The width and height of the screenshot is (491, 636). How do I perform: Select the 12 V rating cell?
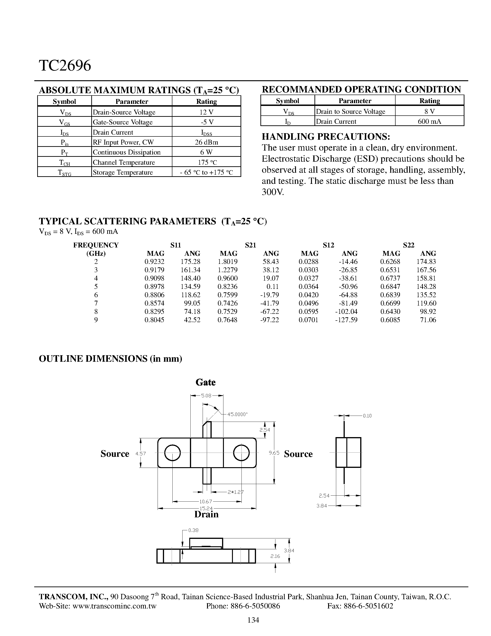click(x=206, y=112)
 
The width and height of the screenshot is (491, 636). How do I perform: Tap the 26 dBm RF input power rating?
click(x=206, y=142)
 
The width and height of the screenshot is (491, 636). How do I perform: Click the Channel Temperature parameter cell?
click(x=124, y=162)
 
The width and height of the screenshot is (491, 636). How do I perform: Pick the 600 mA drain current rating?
click(x=429, y=121)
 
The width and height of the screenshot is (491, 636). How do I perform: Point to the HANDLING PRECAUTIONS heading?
click(x=326, y=137)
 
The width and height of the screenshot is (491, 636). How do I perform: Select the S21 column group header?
click(x=250, y=245)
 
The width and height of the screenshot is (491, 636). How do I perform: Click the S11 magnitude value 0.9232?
click(x=154, y=262)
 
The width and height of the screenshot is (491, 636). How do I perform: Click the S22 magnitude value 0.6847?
click(x=390, y=287)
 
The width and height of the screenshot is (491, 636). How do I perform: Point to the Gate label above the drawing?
click(x=206, y=382)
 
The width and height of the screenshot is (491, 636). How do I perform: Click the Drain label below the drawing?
click(x=206, y=514)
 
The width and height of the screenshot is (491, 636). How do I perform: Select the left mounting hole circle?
click(x=173, y=453)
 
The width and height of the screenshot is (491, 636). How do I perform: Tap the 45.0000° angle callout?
click(x=237, y=414)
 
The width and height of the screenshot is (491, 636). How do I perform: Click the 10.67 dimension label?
click(x=206, y=501)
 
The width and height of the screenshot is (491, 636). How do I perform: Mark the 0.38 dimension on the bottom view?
click(x=193, y=530)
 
